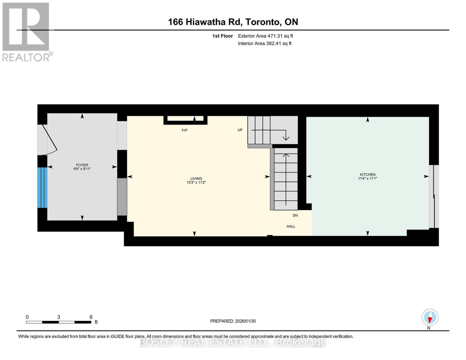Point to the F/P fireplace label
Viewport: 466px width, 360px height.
pyautogui.click(x=184, y=130)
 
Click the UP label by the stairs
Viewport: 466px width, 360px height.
pyautogui.click(x=240, y=130)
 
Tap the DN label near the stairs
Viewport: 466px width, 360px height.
pyautogui.click(x=295, y=215)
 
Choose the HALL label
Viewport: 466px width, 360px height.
pyautogui.click(x=291, y=226)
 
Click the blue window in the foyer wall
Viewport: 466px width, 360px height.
pyautogui.click(x=42, y=187)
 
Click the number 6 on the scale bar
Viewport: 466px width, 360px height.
pyautogui.click(x=91, y=317)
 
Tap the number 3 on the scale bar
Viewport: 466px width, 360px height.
pyautogui.click(x=59, y=317)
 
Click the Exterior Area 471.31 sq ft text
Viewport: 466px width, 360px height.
pyautogui.click(x=265, y=36)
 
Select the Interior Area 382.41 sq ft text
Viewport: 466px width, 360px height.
pyautogui.click(x=265, y=43)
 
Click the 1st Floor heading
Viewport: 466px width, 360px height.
pyautogui.click(x=222, y=36)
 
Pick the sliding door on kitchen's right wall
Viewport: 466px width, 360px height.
pyautogui.click(x=433, y=196)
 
